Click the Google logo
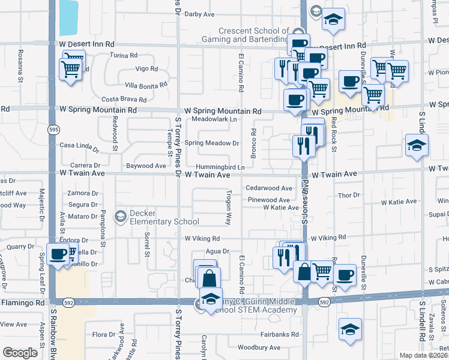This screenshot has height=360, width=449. pos(20,353)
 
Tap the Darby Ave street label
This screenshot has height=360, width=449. pos(199,14)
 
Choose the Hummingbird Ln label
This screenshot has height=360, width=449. pos(219,167)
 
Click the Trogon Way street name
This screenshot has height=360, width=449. pos(229,208)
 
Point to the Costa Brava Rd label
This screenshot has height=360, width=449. pos(124,100)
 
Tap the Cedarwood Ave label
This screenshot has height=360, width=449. pos(269,188)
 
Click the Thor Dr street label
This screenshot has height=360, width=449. pos(348,195)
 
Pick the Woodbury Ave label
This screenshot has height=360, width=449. pos(259,347)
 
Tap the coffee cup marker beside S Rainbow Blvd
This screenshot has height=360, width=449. pos(58,254)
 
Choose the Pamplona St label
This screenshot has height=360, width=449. pos(103,228)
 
